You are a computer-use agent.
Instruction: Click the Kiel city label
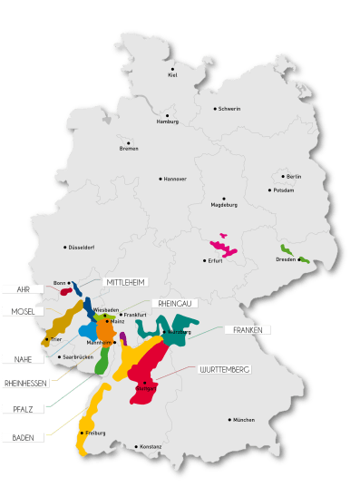(172, 75)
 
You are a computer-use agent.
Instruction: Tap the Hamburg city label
(168, 122)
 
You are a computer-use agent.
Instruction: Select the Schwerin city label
(229, 109)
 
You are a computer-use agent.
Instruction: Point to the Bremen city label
(130, 149)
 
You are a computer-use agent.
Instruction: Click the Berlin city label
(292, 176)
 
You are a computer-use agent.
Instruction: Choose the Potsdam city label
(282, 190)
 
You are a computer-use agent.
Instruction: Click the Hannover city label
(173, 179)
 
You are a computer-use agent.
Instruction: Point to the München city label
(243, 420)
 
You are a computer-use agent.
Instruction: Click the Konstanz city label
(150, 447)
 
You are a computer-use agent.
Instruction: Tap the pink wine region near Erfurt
(221, 247)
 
